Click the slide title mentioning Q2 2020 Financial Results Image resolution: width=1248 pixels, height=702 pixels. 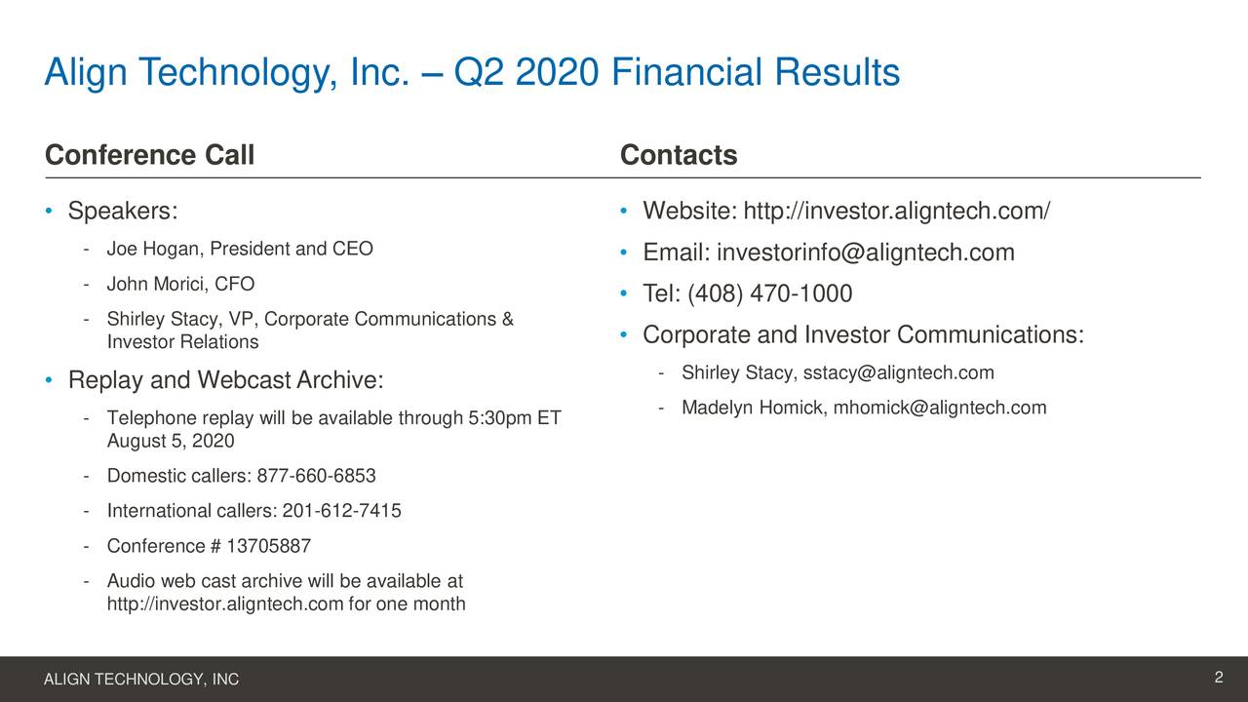[472, 73]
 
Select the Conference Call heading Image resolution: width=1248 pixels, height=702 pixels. [149, 156]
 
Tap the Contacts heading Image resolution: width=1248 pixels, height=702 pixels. [679, 156]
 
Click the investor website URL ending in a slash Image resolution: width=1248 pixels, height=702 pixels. [896, 212]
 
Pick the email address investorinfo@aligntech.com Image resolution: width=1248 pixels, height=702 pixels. [866, 253]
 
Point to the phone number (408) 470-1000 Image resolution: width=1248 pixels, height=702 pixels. [770, 294]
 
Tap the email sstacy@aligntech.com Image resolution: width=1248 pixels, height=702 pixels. [898, 373]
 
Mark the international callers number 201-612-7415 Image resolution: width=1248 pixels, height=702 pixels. [341, 511]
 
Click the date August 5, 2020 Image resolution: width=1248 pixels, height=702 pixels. [171, 442]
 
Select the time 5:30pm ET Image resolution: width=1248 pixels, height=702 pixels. [515, 419]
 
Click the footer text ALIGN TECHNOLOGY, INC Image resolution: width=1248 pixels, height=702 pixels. [141, 680]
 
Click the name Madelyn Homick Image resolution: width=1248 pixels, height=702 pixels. [754, 408]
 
